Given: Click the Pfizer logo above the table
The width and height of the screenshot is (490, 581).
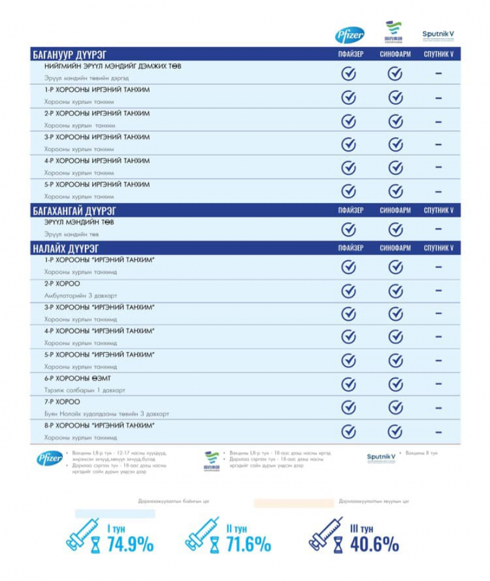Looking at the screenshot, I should tap(349, 34).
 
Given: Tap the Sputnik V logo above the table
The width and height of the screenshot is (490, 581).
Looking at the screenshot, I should tap(438, 35).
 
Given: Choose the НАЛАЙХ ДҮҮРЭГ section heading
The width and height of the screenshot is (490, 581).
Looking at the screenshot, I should tap(65, 248).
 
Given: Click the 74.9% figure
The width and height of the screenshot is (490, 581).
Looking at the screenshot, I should tap(131, 544).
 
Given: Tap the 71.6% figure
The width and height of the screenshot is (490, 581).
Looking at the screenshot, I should tap(248, 544).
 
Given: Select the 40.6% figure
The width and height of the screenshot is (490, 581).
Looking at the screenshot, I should tap(374, 544).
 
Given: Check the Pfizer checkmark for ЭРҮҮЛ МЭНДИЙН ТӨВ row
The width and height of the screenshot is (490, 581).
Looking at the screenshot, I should tap(349, 229).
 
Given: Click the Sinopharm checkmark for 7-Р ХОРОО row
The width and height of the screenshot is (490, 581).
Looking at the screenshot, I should tap(396, 408).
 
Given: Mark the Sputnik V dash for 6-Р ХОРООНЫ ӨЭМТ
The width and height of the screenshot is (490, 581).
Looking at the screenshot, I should tap(438, 384).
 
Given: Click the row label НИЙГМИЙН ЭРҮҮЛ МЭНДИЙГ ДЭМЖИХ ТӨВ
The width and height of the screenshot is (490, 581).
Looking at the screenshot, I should tap(113, 66).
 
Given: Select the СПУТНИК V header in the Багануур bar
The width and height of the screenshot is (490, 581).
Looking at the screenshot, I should tap(438, 55).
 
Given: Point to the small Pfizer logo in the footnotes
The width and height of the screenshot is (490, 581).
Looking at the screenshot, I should tap(49, 459).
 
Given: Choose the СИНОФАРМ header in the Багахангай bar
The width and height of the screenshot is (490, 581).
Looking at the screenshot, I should tap(395, 211).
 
